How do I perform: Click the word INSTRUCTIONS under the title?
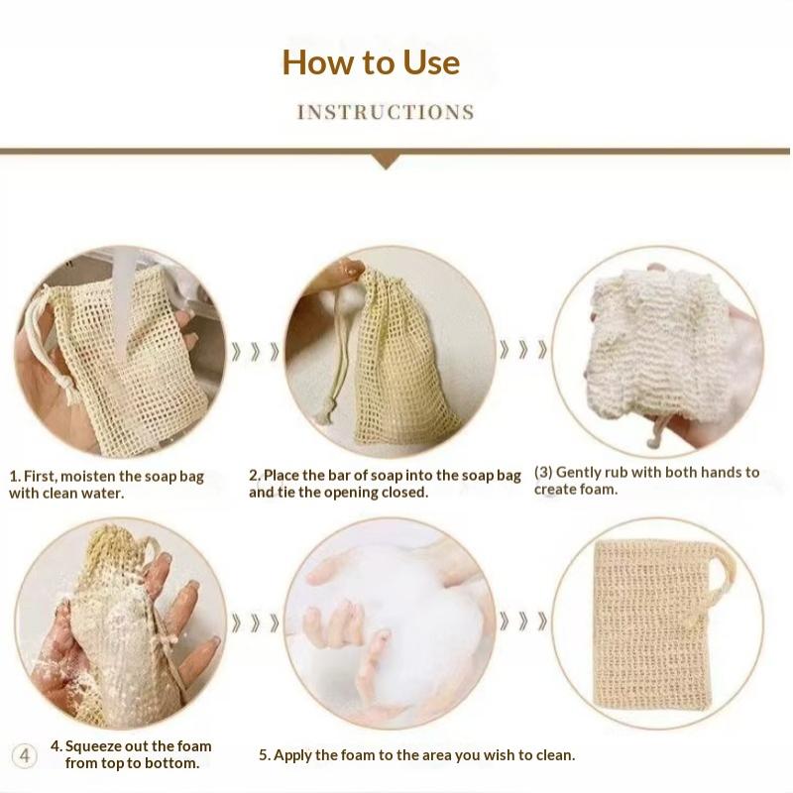coord(386,112)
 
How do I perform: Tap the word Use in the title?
coord(431,62)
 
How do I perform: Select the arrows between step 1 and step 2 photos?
coord(256,352)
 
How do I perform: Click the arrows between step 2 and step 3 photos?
coord(523,350)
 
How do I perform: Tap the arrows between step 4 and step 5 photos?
coord(256,623)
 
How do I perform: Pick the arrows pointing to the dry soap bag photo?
coord(523,622)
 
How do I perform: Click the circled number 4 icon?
coord(24,756)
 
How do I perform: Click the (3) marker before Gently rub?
coord(543,473)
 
